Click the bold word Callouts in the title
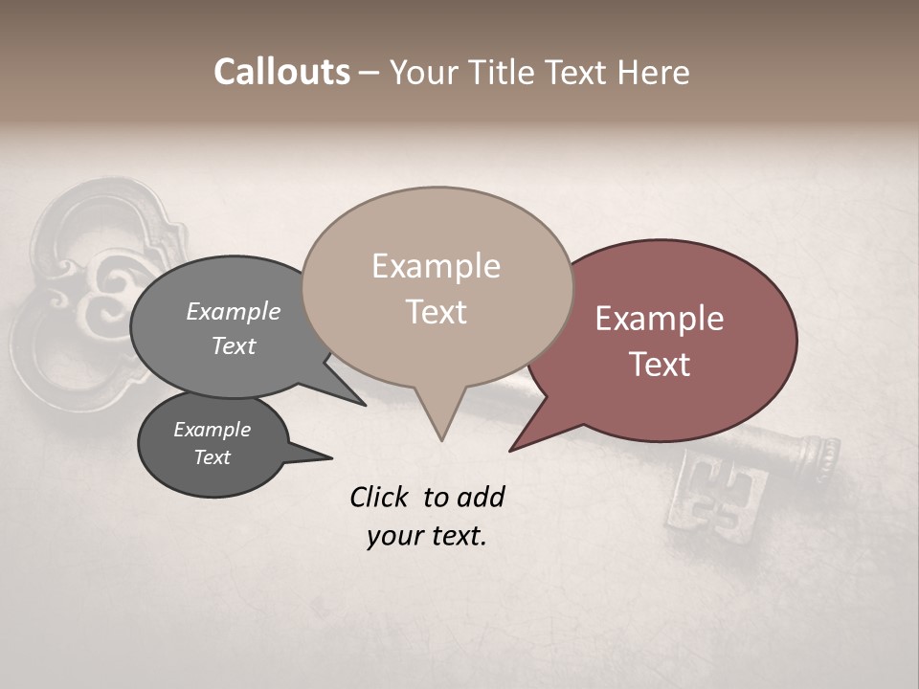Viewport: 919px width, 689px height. coord(281,72)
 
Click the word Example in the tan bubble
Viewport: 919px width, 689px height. coord(436,266)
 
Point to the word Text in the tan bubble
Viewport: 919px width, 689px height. coord(436,312)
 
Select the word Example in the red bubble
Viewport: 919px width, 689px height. coord(660,319)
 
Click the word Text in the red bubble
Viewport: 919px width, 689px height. coord(660,365)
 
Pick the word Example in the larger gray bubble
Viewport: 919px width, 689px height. coord(234,312)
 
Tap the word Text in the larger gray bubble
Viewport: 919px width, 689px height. coord(234,345)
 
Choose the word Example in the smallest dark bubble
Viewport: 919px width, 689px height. coord(213,430)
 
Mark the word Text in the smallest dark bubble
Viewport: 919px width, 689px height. coord(213,457)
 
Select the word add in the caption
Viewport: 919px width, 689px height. coord(481,497)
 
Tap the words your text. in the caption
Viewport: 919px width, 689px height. coord(427,536)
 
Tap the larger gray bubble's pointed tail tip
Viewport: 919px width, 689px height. coord(364,404)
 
